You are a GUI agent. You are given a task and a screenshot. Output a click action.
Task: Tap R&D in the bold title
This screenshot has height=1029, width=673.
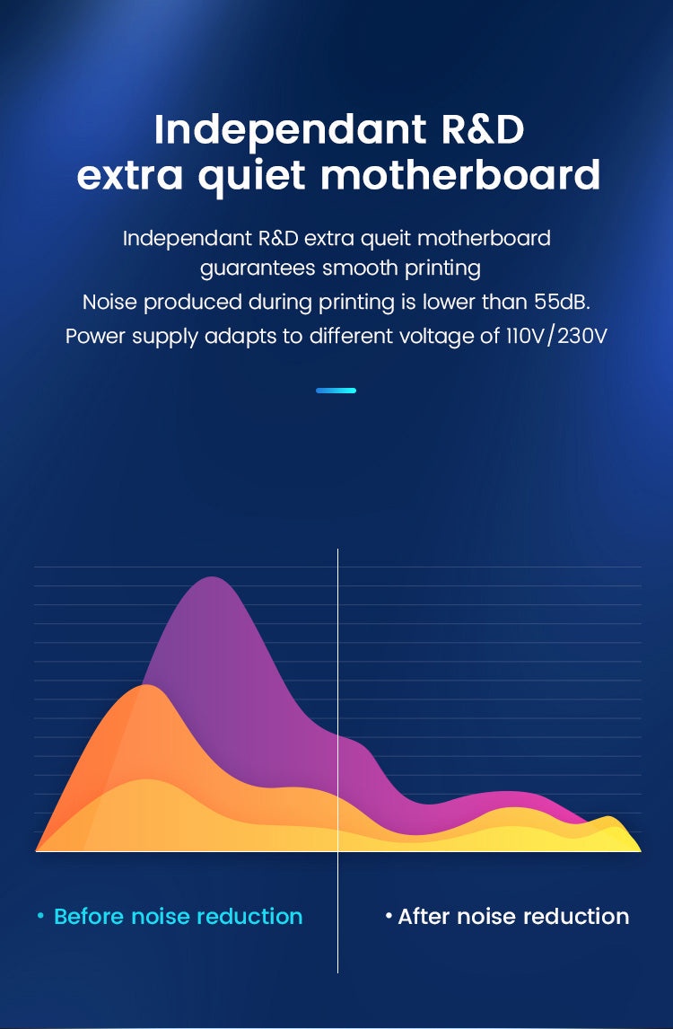pos(483,129)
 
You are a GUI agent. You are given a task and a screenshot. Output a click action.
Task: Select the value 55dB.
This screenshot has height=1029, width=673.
pos(562,302)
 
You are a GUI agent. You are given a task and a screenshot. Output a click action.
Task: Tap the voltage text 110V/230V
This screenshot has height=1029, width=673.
pos(556,336)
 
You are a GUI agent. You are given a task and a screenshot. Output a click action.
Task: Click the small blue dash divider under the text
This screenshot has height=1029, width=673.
pos(336,391)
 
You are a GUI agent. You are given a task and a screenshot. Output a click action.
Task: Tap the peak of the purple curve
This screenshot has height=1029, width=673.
pos(212,577)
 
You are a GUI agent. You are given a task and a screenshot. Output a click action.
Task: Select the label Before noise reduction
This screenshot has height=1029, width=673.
pos(179,916)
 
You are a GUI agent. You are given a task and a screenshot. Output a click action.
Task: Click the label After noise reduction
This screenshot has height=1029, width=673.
pos(513,916)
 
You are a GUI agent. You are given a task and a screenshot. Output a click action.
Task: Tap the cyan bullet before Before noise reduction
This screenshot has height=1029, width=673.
pos(40,916)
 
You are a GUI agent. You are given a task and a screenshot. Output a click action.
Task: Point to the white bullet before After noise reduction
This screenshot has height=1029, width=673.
pos(389,916)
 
